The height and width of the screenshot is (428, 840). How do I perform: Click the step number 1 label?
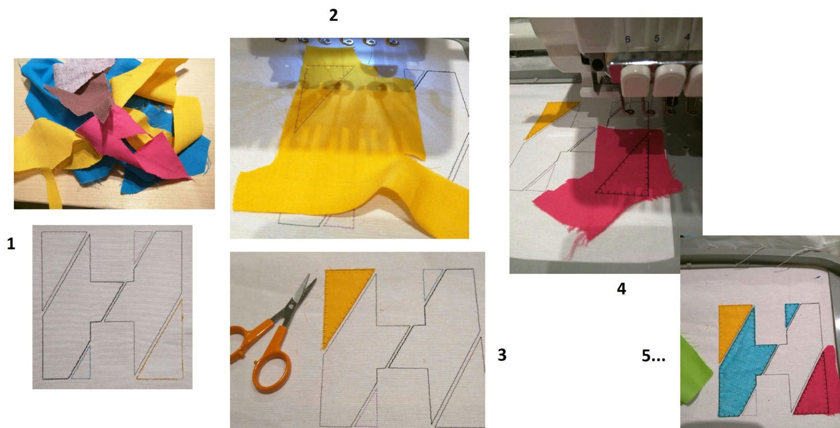(10, 245)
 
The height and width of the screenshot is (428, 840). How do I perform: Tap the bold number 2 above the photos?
(333, 16)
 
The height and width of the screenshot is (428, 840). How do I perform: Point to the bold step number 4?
(621, 288)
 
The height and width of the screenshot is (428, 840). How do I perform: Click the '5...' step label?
(653, 357)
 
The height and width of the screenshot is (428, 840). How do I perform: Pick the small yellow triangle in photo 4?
(549, 116)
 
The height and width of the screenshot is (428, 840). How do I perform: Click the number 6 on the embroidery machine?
(627, 39)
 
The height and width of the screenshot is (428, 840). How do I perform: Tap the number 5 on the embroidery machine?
(657, 38)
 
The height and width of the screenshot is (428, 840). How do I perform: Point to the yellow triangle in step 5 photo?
(732, 329)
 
